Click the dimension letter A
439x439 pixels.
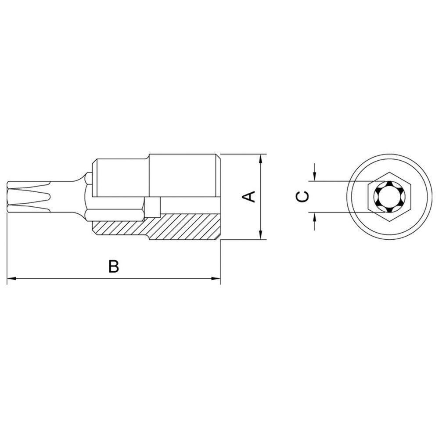click(x=249, y=196)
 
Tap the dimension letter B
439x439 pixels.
click(x=114, y=266)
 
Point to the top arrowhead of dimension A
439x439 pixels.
click(x=262, y=158)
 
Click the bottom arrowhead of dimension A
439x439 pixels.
click(x=262, y=235)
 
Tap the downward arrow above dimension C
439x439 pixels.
click(x=314, y=175)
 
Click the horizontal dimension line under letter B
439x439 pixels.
click(x=66, y=278)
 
